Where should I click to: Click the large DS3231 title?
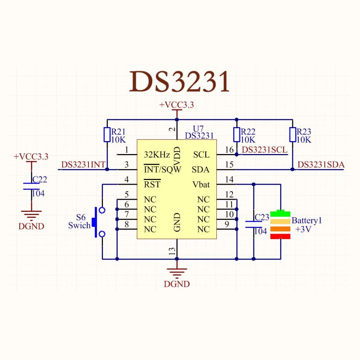pos(179,82)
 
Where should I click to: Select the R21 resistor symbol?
pos(107,135)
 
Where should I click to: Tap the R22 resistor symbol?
pos(237,135)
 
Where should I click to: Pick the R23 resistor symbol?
pos(292,135)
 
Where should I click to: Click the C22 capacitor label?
pos(40,179)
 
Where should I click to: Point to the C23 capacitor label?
pos(262,217)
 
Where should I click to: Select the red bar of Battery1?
pos(280,236)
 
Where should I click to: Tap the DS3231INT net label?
pos(83,165)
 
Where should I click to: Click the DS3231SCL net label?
pos(265,150)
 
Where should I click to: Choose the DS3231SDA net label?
pos(321,165)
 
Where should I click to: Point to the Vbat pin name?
pos(201,184)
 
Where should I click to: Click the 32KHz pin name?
pos(157,155)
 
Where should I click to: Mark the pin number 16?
pos(229,150)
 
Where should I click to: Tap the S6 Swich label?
pos(80,221)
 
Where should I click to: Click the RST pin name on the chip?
pos(152,184)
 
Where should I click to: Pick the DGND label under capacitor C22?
pos(31,226)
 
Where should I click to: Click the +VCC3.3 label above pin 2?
pos(177,105)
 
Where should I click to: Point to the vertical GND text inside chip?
pos(177,222)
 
